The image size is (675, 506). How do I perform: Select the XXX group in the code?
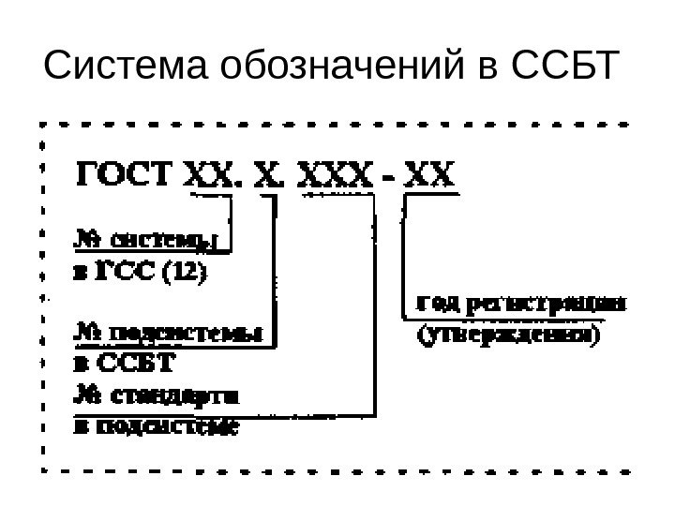[x=336, y=175]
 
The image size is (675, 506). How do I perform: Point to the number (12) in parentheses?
[x=186, y=275]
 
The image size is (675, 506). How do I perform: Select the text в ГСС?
[x=112, y=275]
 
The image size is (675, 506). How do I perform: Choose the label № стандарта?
[x=156, y=395]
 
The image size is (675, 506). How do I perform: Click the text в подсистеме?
[x=156, y=426]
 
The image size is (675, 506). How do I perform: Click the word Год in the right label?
[x=433, y=304]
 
